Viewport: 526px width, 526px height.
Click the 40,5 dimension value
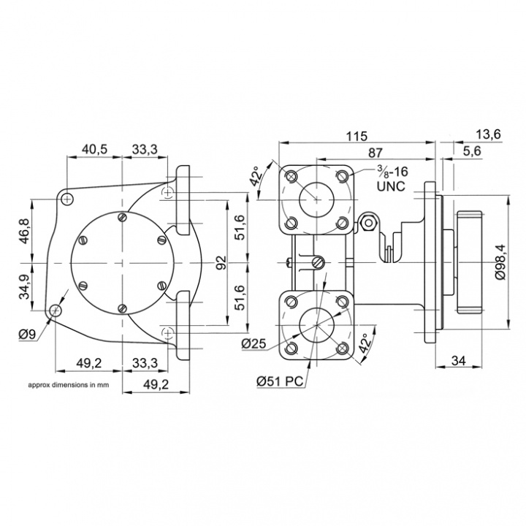[x=95, y=149]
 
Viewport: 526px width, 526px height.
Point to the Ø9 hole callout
[x=27, y=335]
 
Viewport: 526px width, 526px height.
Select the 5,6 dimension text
[x=471, y=151]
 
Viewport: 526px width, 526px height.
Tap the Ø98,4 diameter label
[x=500, y=261]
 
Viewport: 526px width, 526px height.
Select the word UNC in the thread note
[x=391, y=187]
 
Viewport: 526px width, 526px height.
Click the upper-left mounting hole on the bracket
[x=67, y=198]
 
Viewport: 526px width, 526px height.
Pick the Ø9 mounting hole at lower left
[x=56, y=312]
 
